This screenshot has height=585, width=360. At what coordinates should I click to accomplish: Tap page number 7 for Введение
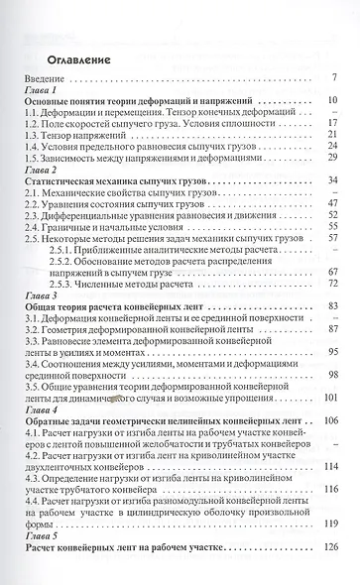(x=335, y=77)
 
